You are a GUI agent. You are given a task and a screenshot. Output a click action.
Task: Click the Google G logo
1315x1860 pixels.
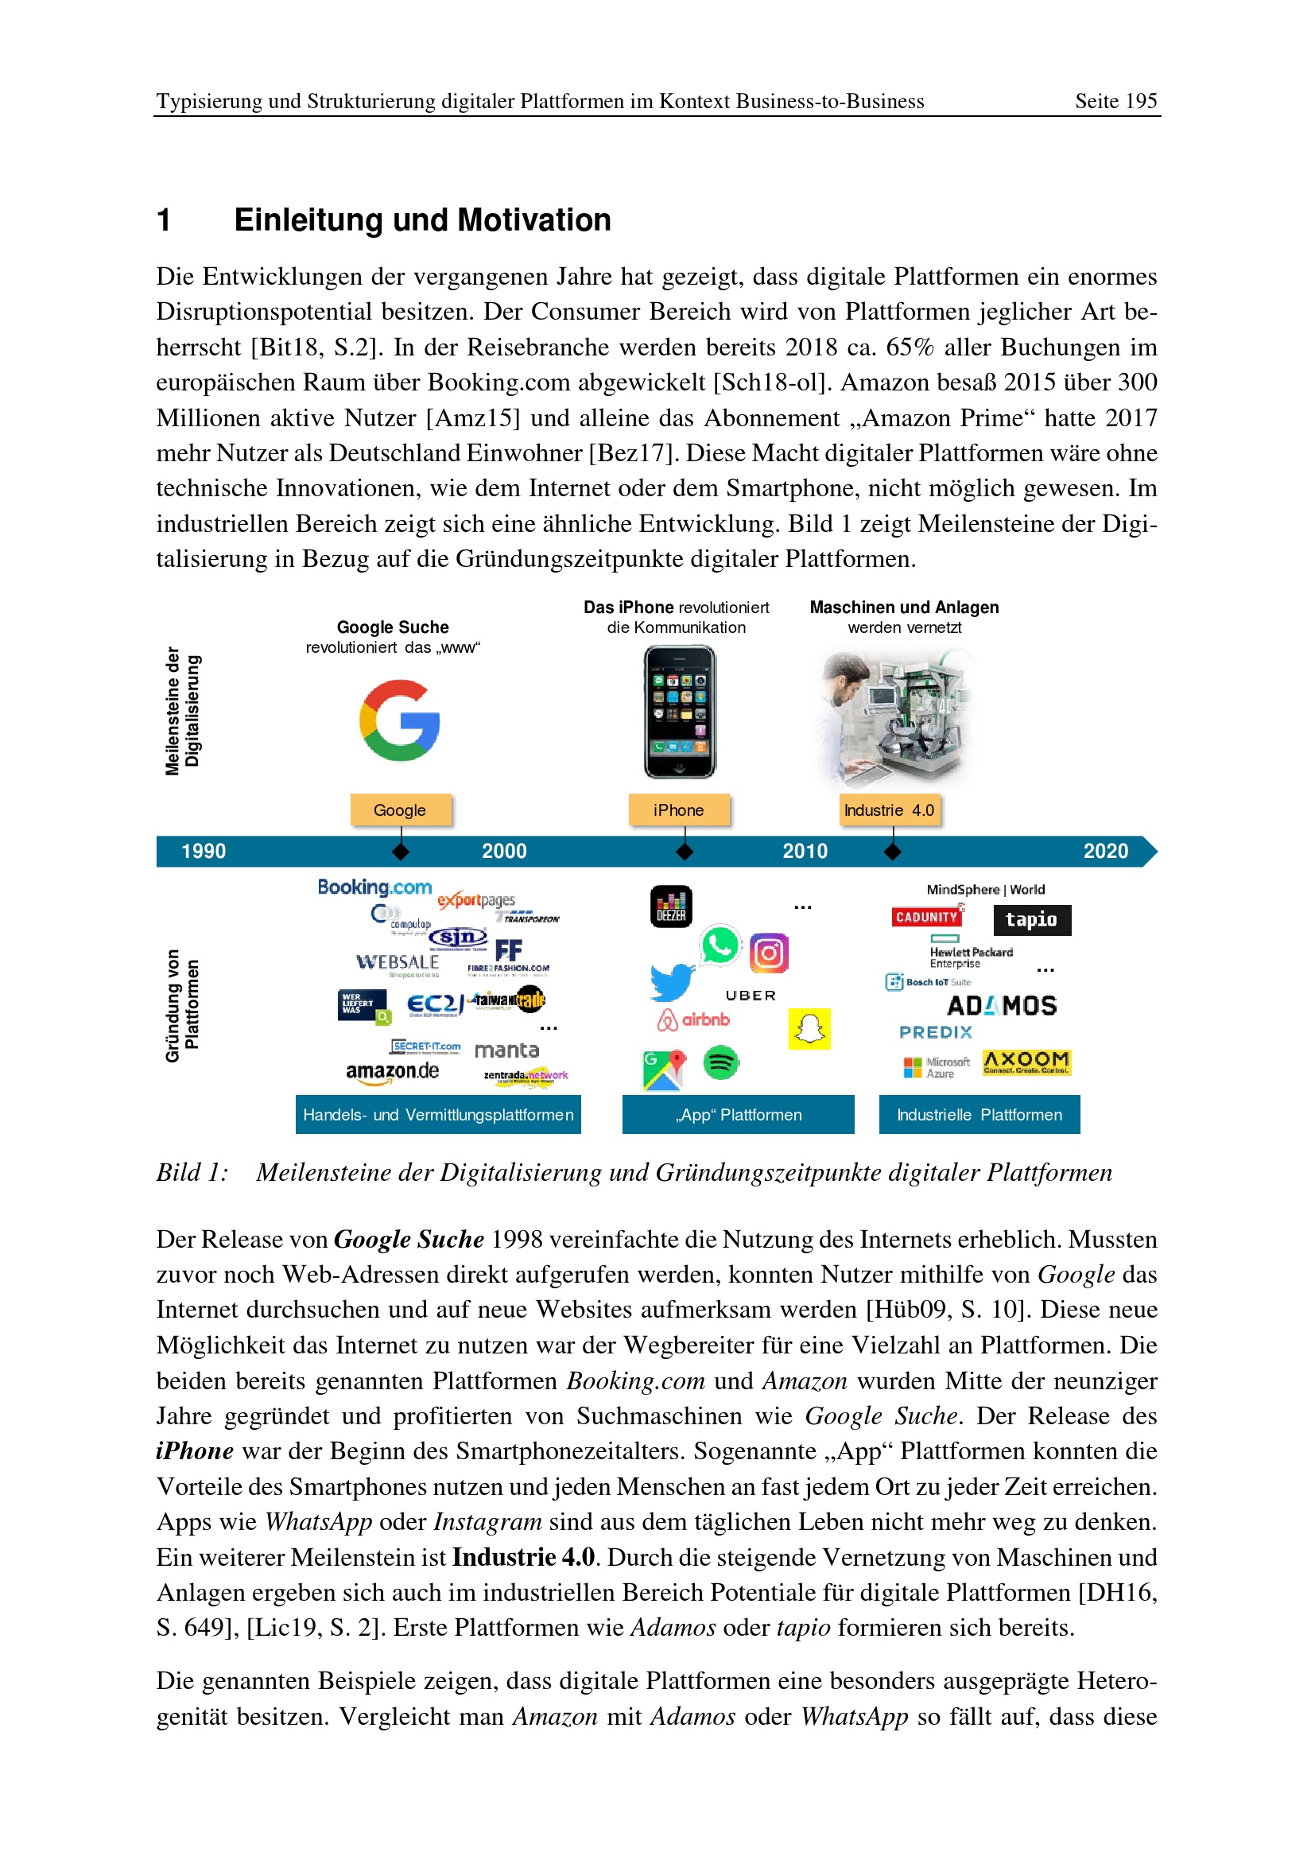[x=399, y=720]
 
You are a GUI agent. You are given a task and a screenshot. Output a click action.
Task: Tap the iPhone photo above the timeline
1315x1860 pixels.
[x=679, y=711]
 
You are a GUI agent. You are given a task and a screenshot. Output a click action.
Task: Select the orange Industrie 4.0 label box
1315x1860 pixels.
[x=889, y=810]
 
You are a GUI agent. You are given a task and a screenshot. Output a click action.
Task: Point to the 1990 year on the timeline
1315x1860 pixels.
[x=204, y=852]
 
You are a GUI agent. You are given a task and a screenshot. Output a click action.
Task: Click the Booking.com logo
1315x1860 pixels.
[x=374, y=887]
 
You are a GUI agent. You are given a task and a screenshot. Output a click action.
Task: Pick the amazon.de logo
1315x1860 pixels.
[x=392, y=1072]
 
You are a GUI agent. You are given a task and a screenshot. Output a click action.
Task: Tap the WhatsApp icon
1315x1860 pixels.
[x=720, y=945]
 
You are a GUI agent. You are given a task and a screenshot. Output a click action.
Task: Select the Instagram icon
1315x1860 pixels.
[x=769, y=953]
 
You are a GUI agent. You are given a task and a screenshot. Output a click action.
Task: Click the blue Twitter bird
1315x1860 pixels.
[x=672, y=982]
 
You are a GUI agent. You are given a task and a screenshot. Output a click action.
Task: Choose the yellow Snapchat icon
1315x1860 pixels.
[x=809, y=1029]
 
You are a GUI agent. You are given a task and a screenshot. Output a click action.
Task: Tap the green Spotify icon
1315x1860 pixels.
[x=720, y=1062]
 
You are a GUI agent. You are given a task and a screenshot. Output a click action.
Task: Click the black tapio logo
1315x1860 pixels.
[x=1032, y=919]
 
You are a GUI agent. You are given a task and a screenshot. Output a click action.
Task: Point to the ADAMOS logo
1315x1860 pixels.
[x=1002, y=1006]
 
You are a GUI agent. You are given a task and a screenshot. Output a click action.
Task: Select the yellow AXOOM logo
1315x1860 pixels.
[x=1026, y=1062]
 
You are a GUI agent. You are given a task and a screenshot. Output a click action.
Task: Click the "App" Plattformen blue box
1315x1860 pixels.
[x=738, y=1115]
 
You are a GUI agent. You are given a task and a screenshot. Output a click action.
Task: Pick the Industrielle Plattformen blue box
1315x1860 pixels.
[x=979, y=1115]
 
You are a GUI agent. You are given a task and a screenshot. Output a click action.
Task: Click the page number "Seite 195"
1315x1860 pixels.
[x=1115, y=101]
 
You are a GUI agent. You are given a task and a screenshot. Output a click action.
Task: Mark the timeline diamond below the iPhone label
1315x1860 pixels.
[x=685, y=852]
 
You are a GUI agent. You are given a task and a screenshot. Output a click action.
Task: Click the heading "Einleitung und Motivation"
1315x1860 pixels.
[x=422, y=220]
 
